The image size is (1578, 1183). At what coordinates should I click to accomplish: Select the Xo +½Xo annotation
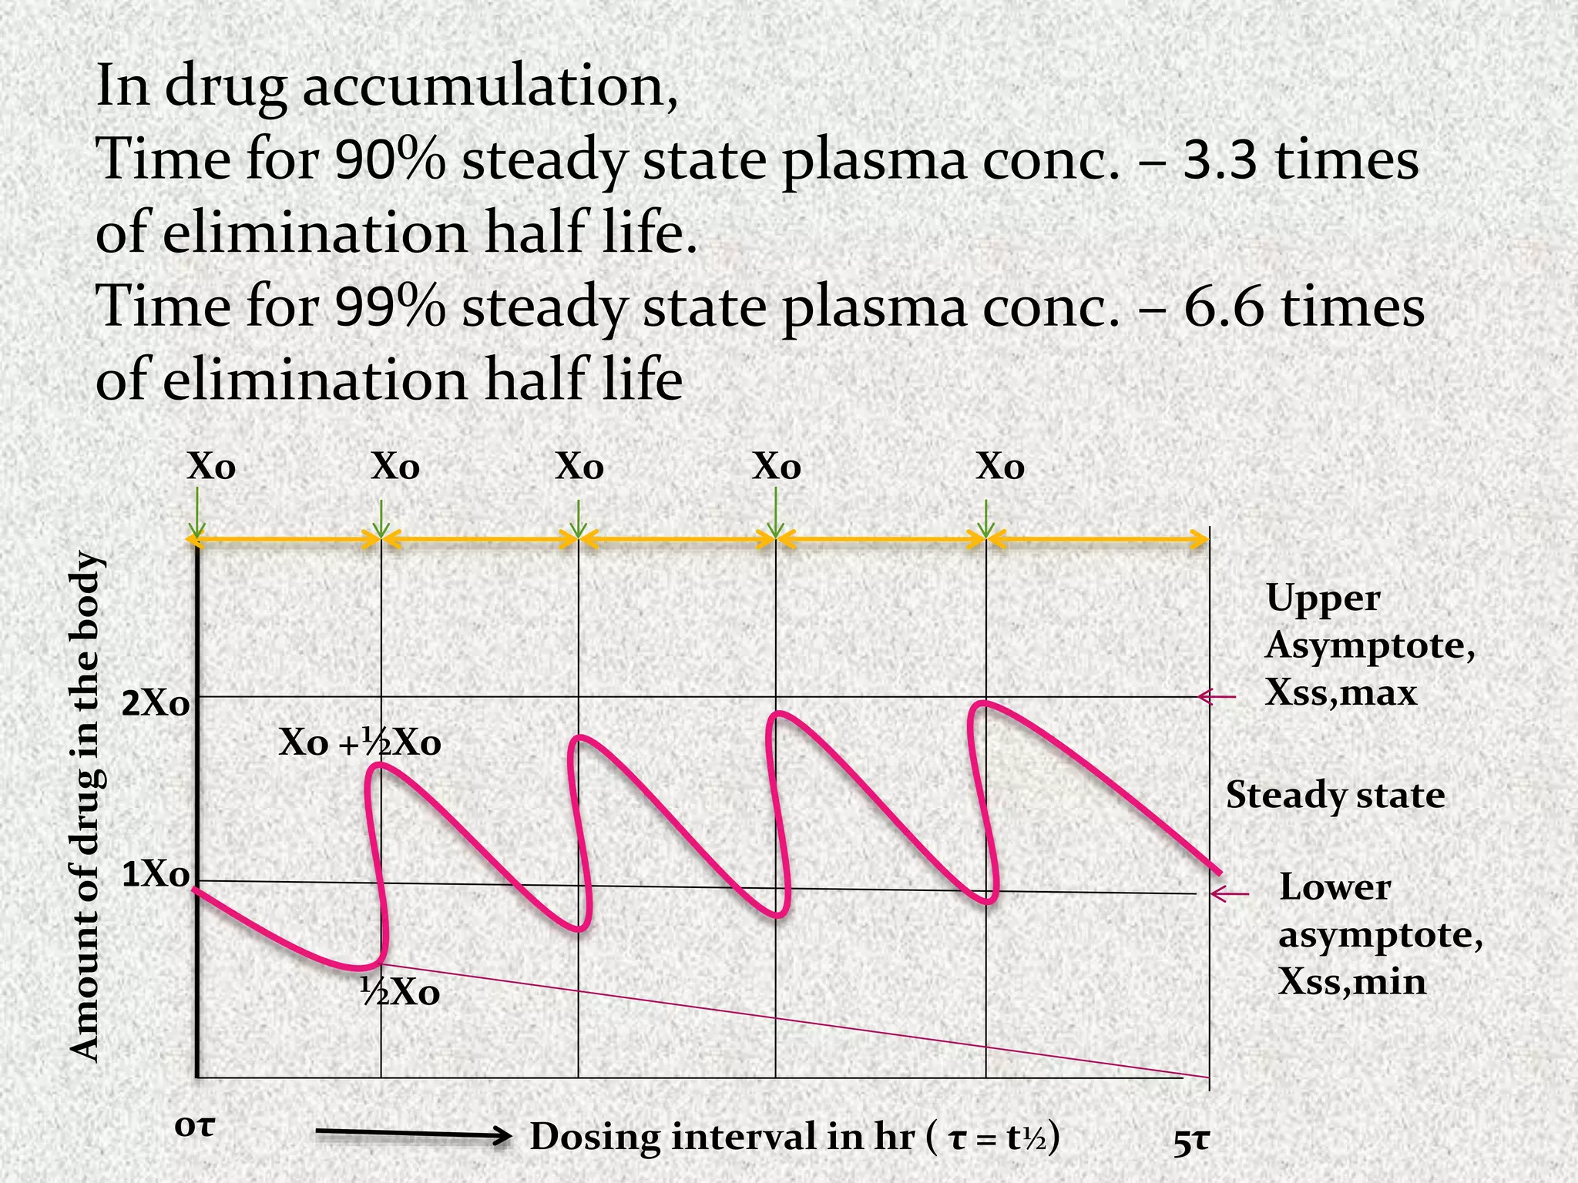point(360,743)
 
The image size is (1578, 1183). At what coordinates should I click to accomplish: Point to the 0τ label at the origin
point(194,1126)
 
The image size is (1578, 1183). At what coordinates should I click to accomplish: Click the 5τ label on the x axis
point(1191,1142)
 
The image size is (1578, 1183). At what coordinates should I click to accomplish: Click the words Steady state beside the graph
point(1335,795)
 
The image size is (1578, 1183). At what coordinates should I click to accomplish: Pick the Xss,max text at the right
point(1341,692)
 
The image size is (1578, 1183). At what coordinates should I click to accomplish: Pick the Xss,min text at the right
point(1352,982)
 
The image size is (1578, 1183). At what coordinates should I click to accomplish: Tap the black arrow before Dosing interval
point(415,1135)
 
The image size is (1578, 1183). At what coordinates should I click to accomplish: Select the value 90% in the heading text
point(390,160)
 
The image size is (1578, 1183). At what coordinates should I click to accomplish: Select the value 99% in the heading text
point(390,307)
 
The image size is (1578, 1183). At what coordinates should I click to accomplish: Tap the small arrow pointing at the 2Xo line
point(1217,696)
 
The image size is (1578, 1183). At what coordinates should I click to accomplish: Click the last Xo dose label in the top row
point(1000,467)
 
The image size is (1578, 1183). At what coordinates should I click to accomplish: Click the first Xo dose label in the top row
point(211,467)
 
